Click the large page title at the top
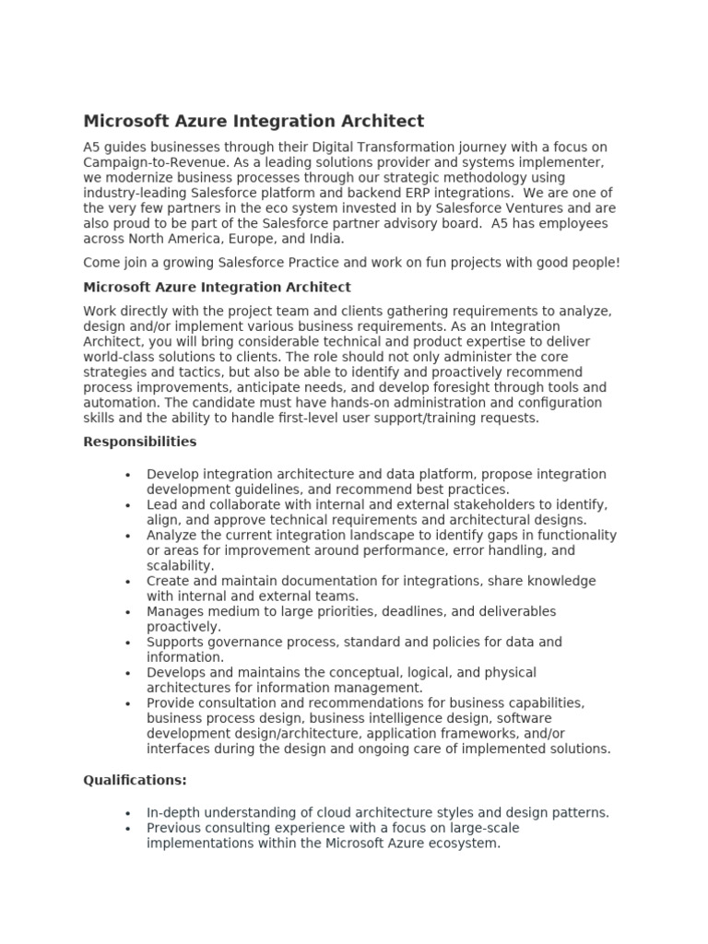pos(254,121)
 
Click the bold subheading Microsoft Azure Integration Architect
pos(217,288)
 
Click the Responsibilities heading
pos(140,442)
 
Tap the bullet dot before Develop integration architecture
pos(127,475)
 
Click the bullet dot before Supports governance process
pos(127,643)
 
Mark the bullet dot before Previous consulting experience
pos(127,828)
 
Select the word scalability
pos(179,565)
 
